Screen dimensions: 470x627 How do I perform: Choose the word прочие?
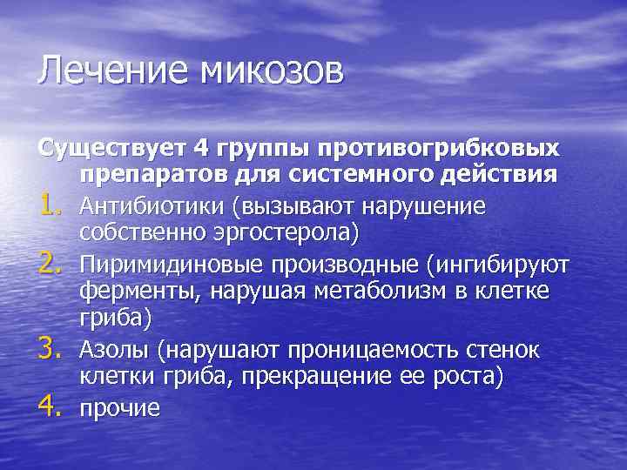tap(119, 408)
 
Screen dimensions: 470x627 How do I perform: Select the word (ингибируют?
tap(489, 265)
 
